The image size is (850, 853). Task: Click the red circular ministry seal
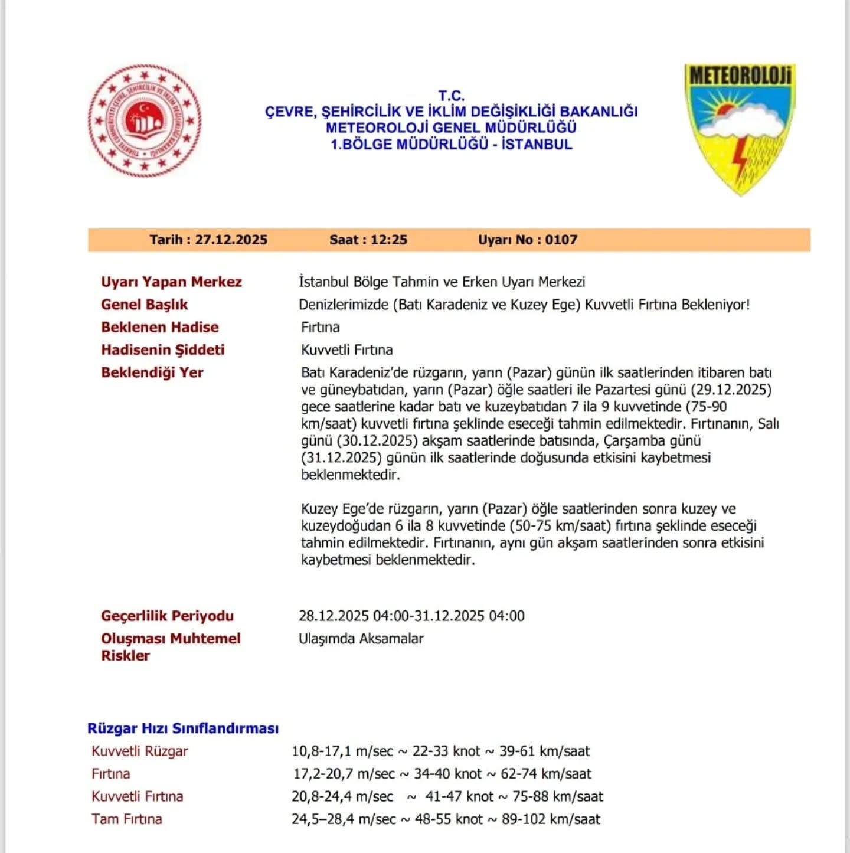click(x=145, y=120)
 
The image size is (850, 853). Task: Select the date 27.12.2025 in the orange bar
click(x=231, y=240)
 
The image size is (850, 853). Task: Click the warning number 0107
click(x=561, y=240)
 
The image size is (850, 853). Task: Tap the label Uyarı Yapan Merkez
click(x=171, y=282)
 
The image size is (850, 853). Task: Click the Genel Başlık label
click(x=144, y=305)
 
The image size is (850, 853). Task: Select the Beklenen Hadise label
click(x=159, y=327)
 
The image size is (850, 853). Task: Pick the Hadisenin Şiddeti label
click(x=162, y=350)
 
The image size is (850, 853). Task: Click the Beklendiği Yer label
click(x=152, y=372)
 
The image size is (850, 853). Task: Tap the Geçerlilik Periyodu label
click(x=167, y=616)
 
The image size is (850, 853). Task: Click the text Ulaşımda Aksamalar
click(x=361, y=639)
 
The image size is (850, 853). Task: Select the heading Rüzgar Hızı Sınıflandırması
click(x=183, y=728)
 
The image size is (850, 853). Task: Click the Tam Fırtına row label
click(x=126, y=819)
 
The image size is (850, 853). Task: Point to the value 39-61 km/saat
click(x=544, y=751)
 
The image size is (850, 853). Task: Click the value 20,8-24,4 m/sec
click(x=342, y=797)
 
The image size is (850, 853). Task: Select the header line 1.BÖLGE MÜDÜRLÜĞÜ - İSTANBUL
click(x=452, y=144)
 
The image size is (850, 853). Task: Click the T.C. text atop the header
click(x=452, y=96)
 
